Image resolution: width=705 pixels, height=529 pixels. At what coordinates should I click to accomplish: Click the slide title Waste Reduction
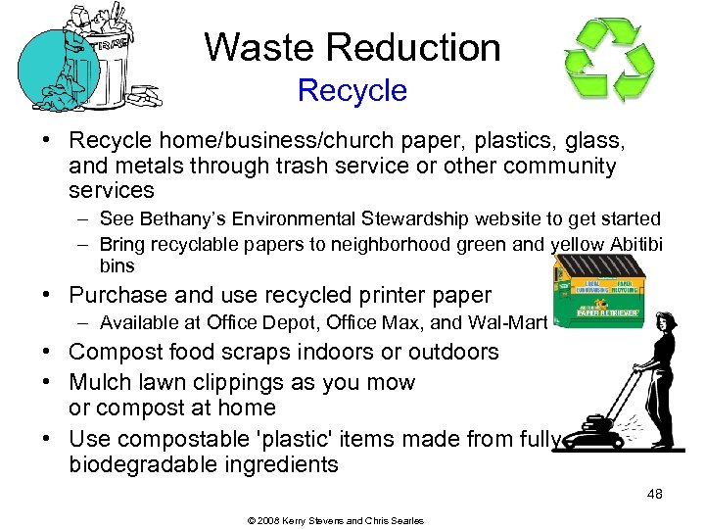352,47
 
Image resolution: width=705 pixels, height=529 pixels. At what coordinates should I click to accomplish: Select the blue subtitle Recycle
352,90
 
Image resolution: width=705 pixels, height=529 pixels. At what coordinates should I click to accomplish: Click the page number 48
654,495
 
